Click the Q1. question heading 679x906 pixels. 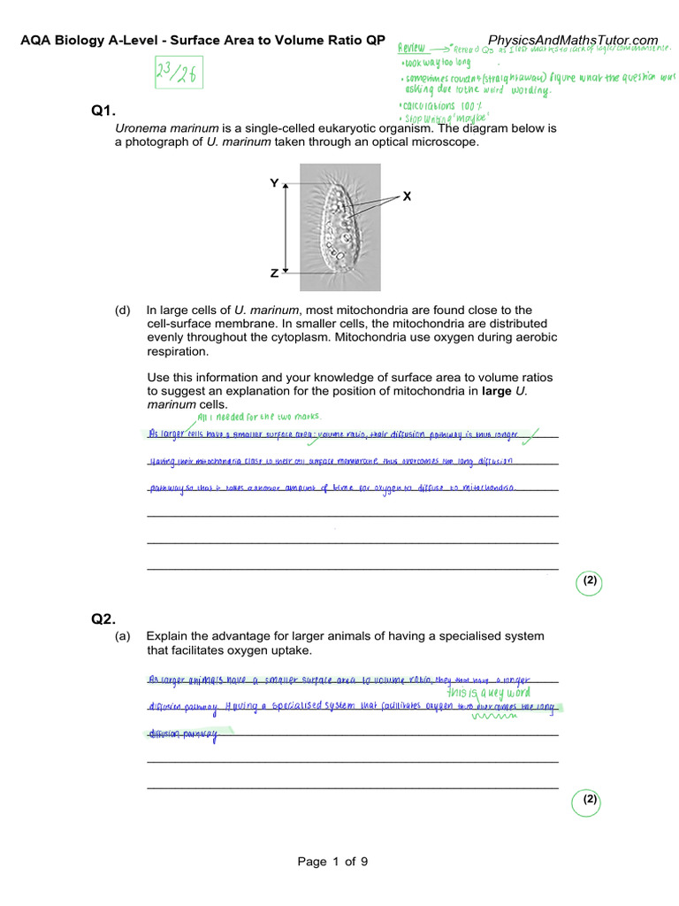click(104, 111)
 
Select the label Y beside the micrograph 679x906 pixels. click(274, 183)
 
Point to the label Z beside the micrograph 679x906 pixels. click(274, 274)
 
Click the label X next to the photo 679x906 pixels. click(407, 196)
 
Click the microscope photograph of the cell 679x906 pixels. click(340, 226)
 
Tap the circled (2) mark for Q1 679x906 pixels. click(590, 581)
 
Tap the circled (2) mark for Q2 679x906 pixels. click(590, 800)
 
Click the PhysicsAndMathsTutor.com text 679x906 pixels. click(573, 41)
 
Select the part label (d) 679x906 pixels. click(122, 310)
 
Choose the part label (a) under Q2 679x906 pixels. click(122, 636)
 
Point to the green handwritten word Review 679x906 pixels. click(412, 48)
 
